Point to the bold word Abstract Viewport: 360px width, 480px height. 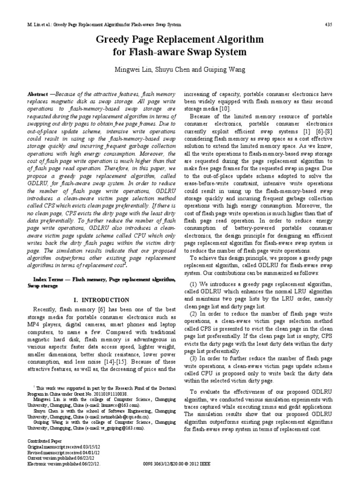coord(39,94)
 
